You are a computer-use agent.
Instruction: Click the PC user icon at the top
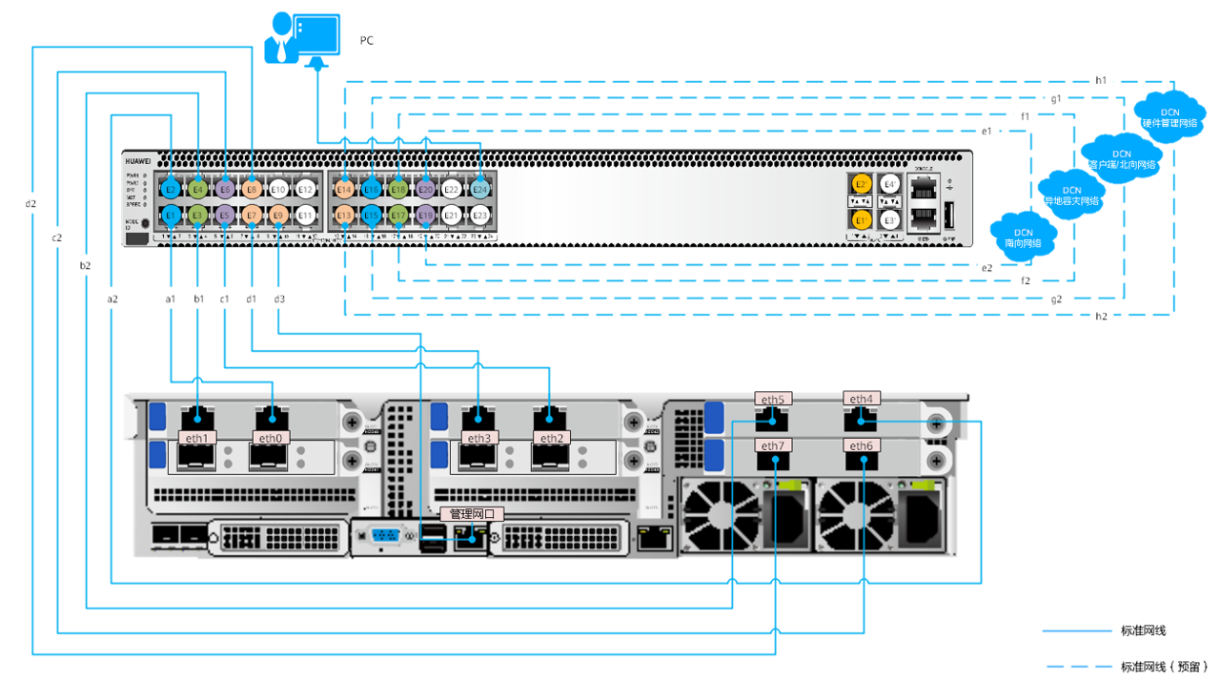click(x=301, y=39)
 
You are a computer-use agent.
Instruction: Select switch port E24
click(x=480, y=190)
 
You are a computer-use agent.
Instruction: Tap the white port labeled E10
click(x=278, y=190)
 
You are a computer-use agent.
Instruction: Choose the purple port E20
click(x=426, y=190)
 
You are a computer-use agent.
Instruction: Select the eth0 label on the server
click(x=272, y=438)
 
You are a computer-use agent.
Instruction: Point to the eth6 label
click(x=861, y=445)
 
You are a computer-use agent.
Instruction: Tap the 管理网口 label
click(x=472, y=514)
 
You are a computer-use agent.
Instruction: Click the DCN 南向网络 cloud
click(x=1024, y=237)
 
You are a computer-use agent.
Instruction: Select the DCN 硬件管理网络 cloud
click(x=1169, y=117)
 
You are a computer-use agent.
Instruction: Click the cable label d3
click(x=278, y=299)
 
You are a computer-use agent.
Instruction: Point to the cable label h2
click(x=1101, y=316)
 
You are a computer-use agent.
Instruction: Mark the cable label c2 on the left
click(x=57, y=237)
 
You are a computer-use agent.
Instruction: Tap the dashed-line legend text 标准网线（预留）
click(x=1164, y=666)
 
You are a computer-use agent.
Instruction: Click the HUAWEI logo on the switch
click(x=139, y=162)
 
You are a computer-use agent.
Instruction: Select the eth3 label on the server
click(x=478, y=438)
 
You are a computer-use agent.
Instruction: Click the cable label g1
click(x=1055, y=98)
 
